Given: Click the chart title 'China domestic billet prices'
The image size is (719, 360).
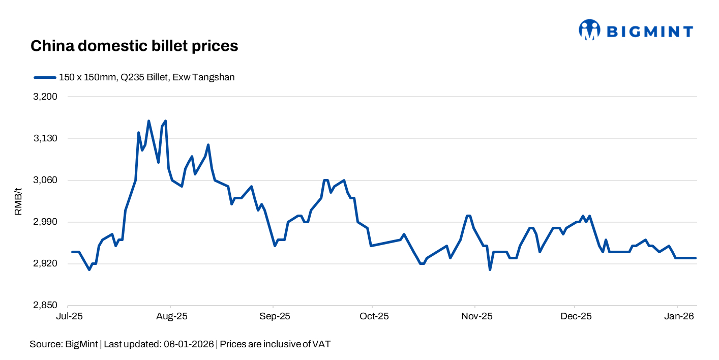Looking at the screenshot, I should tap(134, 46).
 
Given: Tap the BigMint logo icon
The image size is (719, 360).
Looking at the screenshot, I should tap(589, 30).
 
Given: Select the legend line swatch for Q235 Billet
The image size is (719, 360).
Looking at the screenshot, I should tap(45, 77).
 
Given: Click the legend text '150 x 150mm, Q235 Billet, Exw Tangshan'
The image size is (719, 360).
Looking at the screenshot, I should tap(146, 77).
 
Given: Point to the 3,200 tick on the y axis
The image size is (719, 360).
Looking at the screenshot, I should tap(45, 97).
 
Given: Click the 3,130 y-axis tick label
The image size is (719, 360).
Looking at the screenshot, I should tap(45, 138).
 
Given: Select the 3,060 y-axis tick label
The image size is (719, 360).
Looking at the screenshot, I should tap(45, 180).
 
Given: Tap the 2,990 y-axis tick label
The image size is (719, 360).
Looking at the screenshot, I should tap(45, 222).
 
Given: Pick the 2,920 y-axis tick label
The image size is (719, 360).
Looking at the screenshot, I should tap(45, 264).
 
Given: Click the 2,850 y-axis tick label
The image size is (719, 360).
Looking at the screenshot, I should tap(45, 306).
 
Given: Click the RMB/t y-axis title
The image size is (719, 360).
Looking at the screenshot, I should tap(18, 201).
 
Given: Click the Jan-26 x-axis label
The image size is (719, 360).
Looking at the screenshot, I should tap(677, 316).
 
